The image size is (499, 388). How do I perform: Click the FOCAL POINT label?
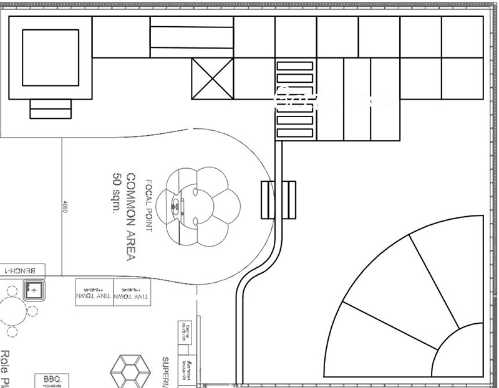coord(149,206)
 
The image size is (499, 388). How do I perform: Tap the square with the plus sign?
coord(34,290)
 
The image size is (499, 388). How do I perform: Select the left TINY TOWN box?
coord(94,291)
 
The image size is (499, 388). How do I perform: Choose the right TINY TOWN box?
coord(132,291)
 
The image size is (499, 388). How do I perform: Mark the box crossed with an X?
coord(212,79)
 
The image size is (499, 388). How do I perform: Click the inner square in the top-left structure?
coord(51,57)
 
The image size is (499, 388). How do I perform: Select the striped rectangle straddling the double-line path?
coord(278,200)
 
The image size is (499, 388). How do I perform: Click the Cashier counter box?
coord(185,333)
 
